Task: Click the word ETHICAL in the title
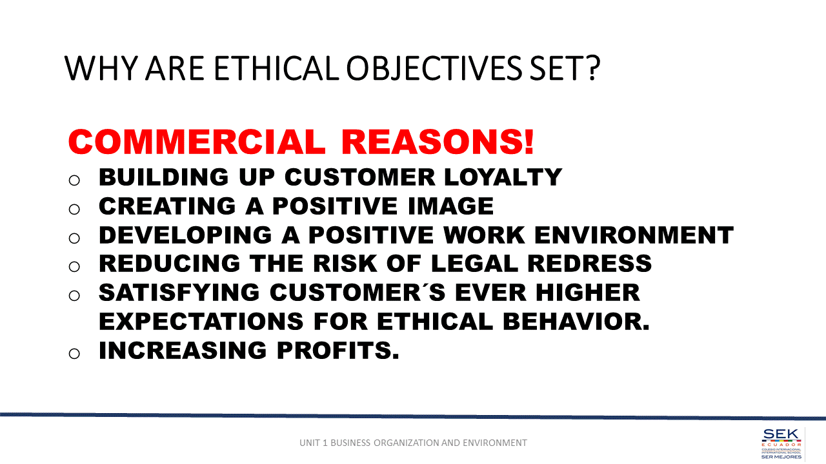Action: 276,68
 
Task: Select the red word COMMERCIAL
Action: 197,142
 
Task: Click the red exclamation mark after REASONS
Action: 529,142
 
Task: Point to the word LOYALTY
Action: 503,177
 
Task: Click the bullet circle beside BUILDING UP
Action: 74,180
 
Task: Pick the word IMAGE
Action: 450,206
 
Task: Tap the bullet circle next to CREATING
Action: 74,209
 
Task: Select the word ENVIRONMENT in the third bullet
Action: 634,235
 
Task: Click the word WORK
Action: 484,235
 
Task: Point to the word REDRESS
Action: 590,264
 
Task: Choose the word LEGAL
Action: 474,264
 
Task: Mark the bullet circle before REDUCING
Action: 74,267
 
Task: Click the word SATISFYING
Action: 179,293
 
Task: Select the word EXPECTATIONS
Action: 201,321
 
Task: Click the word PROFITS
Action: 337,350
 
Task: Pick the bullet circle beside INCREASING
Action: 74,354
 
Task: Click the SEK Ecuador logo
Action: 781,443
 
